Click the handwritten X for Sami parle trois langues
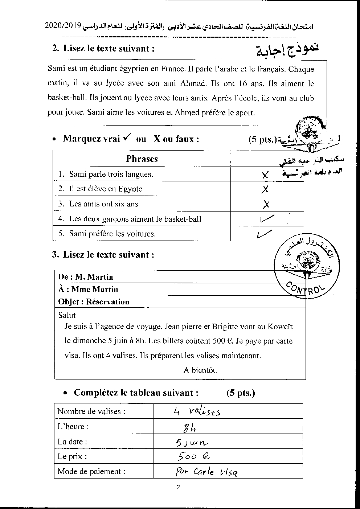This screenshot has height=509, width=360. click(265, 175)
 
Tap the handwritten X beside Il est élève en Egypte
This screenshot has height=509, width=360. click(265, 189)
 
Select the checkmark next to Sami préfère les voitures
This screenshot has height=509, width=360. click(263, 234)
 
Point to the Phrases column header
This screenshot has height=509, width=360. click(142, 159)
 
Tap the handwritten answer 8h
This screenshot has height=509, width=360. click(189, 428)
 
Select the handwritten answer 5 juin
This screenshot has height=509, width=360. click(191, 442)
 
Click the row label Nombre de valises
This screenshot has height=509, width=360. click(91, 411)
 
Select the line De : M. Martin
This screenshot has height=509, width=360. click(86, 277)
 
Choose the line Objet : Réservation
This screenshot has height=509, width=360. click(94, 301)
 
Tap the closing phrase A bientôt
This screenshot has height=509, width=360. click(200, 370)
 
